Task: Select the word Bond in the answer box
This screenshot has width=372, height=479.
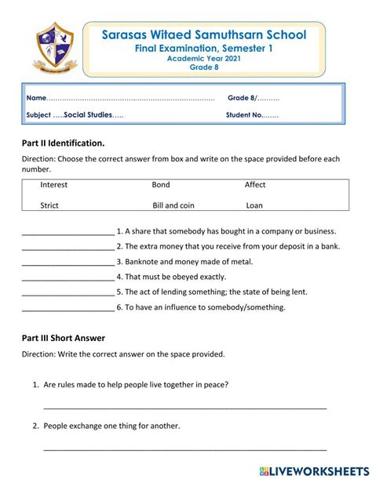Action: click(x=161, y=185)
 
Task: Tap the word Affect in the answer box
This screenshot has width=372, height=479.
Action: click(x=255, y=185)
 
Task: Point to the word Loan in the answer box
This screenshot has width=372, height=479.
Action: click(x=254, y=205)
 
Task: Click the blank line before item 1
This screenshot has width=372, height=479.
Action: click(x=67, y=233)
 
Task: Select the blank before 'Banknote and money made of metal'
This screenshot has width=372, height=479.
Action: click(x=67, y=263)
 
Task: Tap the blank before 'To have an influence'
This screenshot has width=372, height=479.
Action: click(x=67, y=308)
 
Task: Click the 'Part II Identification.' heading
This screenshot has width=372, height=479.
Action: click(x=63, y=143)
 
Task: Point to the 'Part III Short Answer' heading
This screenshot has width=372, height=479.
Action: click(x=63, y=338)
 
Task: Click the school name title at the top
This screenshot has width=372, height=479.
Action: click(x=203, y=34)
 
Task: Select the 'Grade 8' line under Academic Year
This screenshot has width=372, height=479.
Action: click(x=203, y=67)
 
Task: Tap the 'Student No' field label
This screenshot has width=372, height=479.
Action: click(x=245, y=115)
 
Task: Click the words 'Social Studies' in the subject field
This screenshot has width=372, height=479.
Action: click(x=88, y=115)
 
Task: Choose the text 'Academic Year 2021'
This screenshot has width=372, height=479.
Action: click(x=203, y=58)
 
